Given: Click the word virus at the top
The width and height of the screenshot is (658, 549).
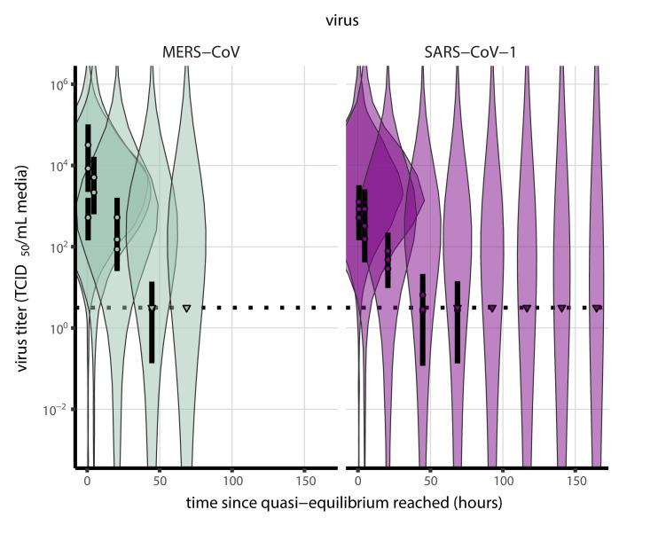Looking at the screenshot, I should click(342, 20).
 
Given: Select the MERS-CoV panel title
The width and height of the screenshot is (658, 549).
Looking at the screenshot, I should click(195, 53).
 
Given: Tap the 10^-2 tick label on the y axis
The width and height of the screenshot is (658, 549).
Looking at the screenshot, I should click(57, 410).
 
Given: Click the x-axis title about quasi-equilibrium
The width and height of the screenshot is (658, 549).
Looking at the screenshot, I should click(344, 503).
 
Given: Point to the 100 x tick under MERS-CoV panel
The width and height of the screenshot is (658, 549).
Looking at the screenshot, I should click(232, 480).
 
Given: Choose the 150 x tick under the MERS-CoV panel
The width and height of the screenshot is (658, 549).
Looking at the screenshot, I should click(305, 480).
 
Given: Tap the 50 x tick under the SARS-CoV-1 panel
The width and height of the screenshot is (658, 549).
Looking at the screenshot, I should click(430, 480).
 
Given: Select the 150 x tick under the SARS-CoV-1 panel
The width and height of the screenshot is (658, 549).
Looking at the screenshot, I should click(576, 480).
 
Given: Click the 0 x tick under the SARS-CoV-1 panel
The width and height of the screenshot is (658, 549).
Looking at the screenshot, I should click(357, 480).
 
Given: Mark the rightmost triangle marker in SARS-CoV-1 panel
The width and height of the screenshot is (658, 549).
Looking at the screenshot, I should click(597, 309).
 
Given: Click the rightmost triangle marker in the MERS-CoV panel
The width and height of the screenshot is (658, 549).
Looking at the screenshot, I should click(187, 309).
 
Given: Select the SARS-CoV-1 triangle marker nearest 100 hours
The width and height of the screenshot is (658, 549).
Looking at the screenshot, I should click(492, 309).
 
